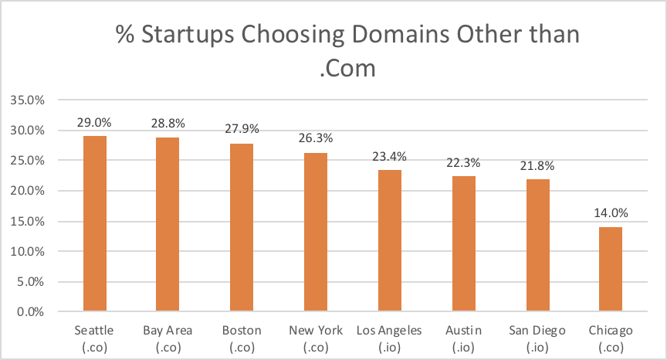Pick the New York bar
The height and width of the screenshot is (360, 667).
[x=315, y=233]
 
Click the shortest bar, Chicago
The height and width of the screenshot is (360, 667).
[x=610, y=270]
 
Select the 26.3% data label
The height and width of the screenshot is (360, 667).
[x=315, y=140]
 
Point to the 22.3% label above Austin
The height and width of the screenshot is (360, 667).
[x=463, y=164]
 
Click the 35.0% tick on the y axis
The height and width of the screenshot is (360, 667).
[x=27, y=100]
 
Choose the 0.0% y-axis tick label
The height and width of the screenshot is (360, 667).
[x=30, y=312]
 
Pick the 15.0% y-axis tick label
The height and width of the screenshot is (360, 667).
[x=27, y=222]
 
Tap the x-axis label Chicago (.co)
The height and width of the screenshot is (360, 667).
[x=610, y=338]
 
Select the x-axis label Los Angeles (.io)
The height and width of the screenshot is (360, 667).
[x=389, y=338]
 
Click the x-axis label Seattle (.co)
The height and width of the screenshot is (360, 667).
[x=94, y=338]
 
